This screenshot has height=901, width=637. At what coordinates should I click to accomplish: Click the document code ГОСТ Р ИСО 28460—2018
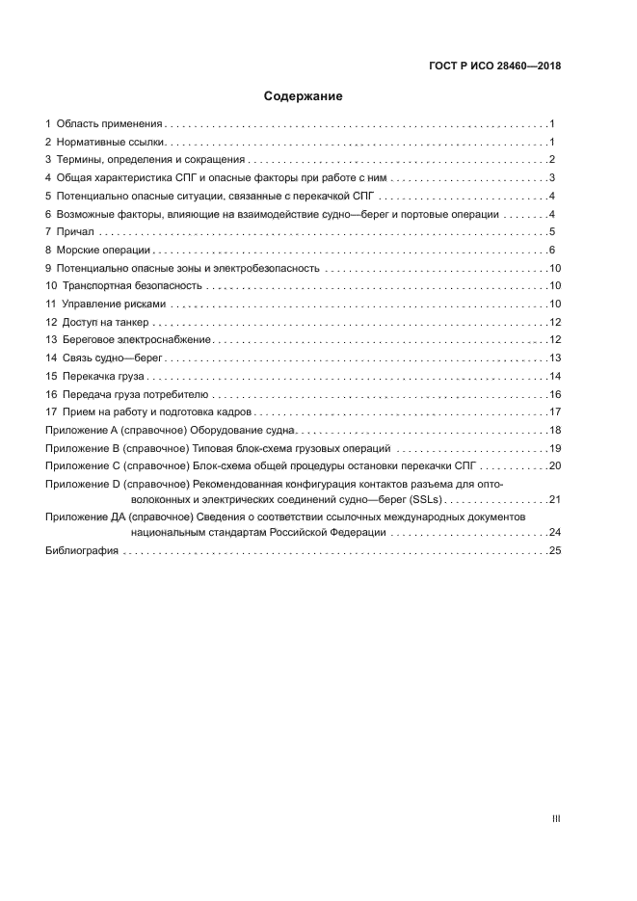coord(493,66)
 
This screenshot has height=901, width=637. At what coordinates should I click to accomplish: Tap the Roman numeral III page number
coord(556,819)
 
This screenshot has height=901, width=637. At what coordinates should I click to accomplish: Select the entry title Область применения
coord(110,124)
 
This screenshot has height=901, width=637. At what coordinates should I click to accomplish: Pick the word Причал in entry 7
coord(74,232)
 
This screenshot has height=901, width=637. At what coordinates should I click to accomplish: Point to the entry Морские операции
coord(103,250)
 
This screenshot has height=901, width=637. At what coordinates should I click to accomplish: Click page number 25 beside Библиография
coord(554,550)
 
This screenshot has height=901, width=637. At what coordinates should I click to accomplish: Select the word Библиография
coord(82,550)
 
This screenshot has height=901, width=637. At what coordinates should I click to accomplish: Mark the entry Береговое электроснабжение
coord(136,340)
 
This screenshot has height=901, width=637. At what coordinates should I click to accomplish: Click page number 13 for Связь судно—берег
coord(554,358)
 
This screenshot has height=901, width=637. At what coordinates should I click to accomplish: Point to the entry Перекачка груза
coord(102,376)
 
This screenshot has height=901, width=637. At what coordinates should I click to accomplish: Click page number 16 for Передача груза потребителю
coord(554,394)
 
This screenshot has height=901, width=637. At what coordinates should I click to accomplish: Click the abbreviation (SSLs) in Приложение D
coord(420,499)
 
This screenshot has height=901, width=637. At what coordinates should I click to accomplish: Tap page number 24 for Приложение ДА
coord(554,532)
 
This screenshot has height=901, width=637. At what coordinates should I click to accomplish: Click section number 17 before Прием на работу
coord(52,412)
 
